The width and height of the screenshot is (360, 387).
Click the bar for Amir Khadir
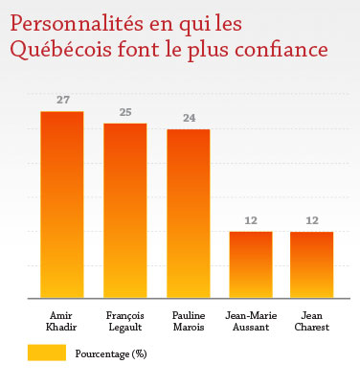61,205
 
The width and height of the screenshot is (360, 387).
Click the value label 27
61,101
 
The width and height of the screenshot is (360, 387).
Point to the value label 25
124,112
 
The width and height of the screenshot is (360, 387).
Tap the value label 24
189,118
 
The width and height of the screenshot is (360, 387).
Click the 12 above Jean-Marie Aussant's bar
251,220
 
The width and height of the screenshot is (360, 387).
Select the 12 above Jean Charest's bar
312,220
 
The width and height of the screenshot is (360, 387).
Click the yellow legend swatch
42,353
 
